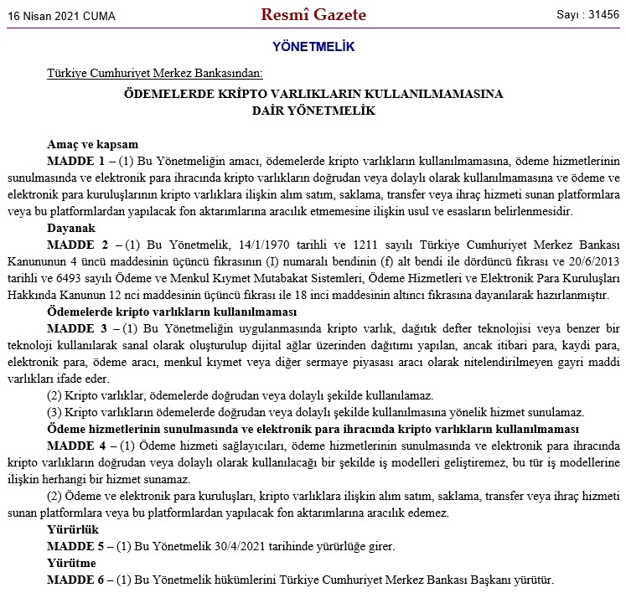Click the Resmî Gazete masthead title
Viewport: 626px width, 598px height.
313,15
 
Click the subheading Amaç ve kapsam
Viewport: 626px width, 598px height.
93,143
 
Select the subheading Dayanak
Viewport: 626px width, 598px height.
71,227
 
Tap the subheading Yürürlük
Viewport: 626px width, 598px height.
73,529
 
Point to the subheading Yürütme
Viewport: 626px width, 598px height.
72,563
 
